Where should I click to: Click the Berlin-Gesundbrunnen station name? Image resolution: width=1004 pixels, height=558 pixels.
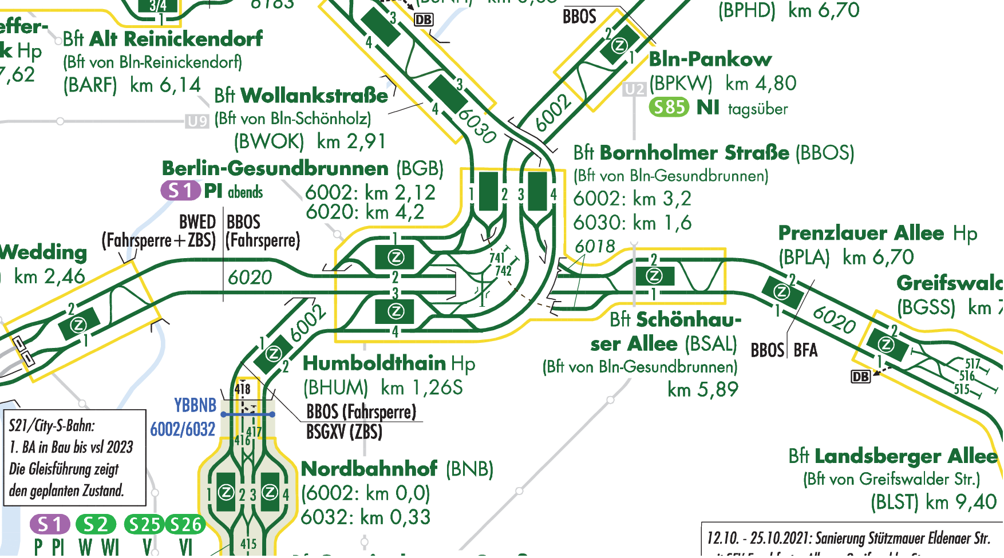coord(275,168)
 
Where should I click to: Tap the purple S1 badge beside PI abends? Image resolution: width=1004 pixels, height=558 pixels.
coord(180,191)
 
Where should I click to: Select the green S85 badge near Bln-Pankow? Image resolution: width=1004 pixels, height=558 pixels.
coord(669,107)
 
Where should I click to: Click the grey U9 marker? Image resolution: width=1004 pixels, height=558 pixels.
coord(197,121)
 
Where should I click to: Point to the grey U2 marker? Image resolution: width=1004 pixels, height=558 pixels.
coord(634,89)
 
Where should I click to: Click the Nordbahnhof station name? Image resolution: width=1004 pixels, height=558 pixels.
coord(369,469)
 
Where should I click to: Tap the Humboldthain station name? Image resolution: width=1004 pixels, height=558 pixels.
coord(374,363)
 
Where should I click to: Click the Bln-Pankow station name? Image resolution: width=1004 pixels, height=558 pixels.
coord(710,59)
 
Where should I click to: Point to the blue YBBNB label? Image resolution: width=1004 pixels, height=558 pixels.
coord(195,405)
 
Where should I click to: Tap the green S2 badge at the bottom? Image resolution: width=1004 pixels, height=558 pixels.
coord(96,524)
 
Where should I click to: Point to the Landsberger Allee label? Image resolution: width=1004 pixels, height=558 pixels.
coord(906,456)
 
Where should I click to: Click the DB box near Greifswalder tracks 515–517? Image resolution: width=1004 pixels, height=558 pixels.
coord(861,377)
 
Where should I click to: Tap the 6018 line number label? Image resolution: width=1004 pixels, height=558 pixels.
coord(595,247)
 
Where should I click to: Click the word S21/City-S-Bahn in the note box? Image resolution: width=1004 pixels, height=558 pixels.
coord(52,426)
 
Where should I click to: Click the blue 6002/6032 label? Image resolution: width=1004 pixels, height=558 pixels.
coord(183,429)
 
